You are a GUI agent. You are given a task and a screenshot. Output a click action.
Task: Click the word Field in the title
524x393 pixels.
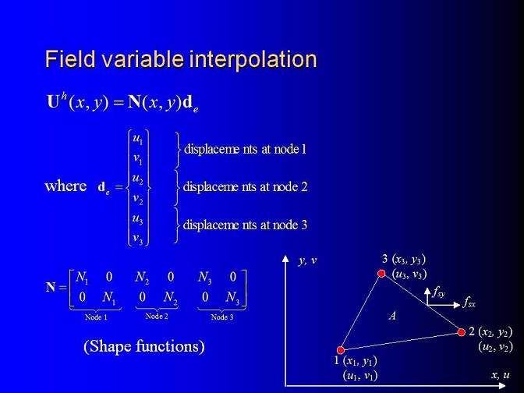click(70, 59)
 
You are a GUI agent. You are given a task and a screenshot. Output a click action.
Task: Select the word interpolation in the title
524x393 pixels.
click(253, 59)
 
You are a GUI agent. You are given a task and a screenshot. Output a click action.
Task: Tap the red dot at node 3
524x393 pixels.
click(381, 274)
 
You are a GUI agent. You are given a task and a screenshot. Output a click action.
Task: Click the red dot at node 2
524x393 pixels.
click(461, 332)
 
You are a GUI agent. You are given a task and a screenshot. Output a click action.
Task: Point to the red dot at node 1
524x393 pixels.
click(341, 350)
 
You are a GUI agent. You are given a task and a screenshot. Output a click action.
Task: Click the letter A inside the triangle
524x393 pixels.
click(393, 316)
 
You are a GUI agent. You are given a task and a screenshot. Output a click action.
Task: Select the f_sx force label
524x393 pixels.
click(469, 303)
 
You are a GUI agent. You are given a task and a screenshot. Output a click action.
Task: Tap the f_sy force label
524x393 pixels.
click(438, 292)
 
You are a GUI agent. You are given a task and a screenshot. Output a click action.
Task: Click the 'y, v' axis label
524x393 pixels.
click(307, 260)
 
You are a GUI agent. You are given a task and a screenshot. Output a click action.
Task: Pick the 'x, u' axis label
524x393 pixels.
click(501, 375)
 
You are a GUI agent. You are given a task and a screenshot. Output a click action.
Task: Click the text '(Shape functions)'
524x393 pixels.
click(144, 346)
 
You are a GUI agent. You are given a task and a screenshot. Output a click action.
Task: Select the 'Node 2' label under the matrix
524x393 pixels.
click(157, 316)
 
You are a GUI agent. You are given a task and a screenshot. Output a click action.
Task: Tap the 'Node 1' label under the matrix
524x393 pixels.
click(96, 317)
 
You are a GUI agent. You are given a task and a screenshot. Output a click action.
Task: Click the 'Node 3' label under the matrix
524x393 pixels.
click(222, 317)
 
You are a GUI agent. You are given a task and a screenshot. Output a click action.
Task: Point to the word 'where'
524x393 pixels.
click(65, 186)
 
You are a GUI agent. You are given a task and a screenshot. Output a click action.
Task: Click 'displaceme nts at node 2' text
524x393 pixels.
click(245, 187)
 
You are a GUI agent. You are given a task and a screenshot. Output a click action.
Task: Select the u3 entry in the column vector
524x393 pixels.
click(138, 220)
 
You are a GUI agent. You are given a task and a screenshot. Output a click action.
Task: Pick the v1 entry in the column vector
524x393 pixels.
click(138, 159)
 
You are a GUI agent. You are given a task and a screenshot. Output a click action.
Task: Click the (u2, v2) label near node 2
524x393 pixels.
click(495, 347)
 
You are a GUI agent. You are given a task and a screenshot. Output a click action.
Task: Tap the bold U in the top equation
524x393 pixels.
click(53, 102)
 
